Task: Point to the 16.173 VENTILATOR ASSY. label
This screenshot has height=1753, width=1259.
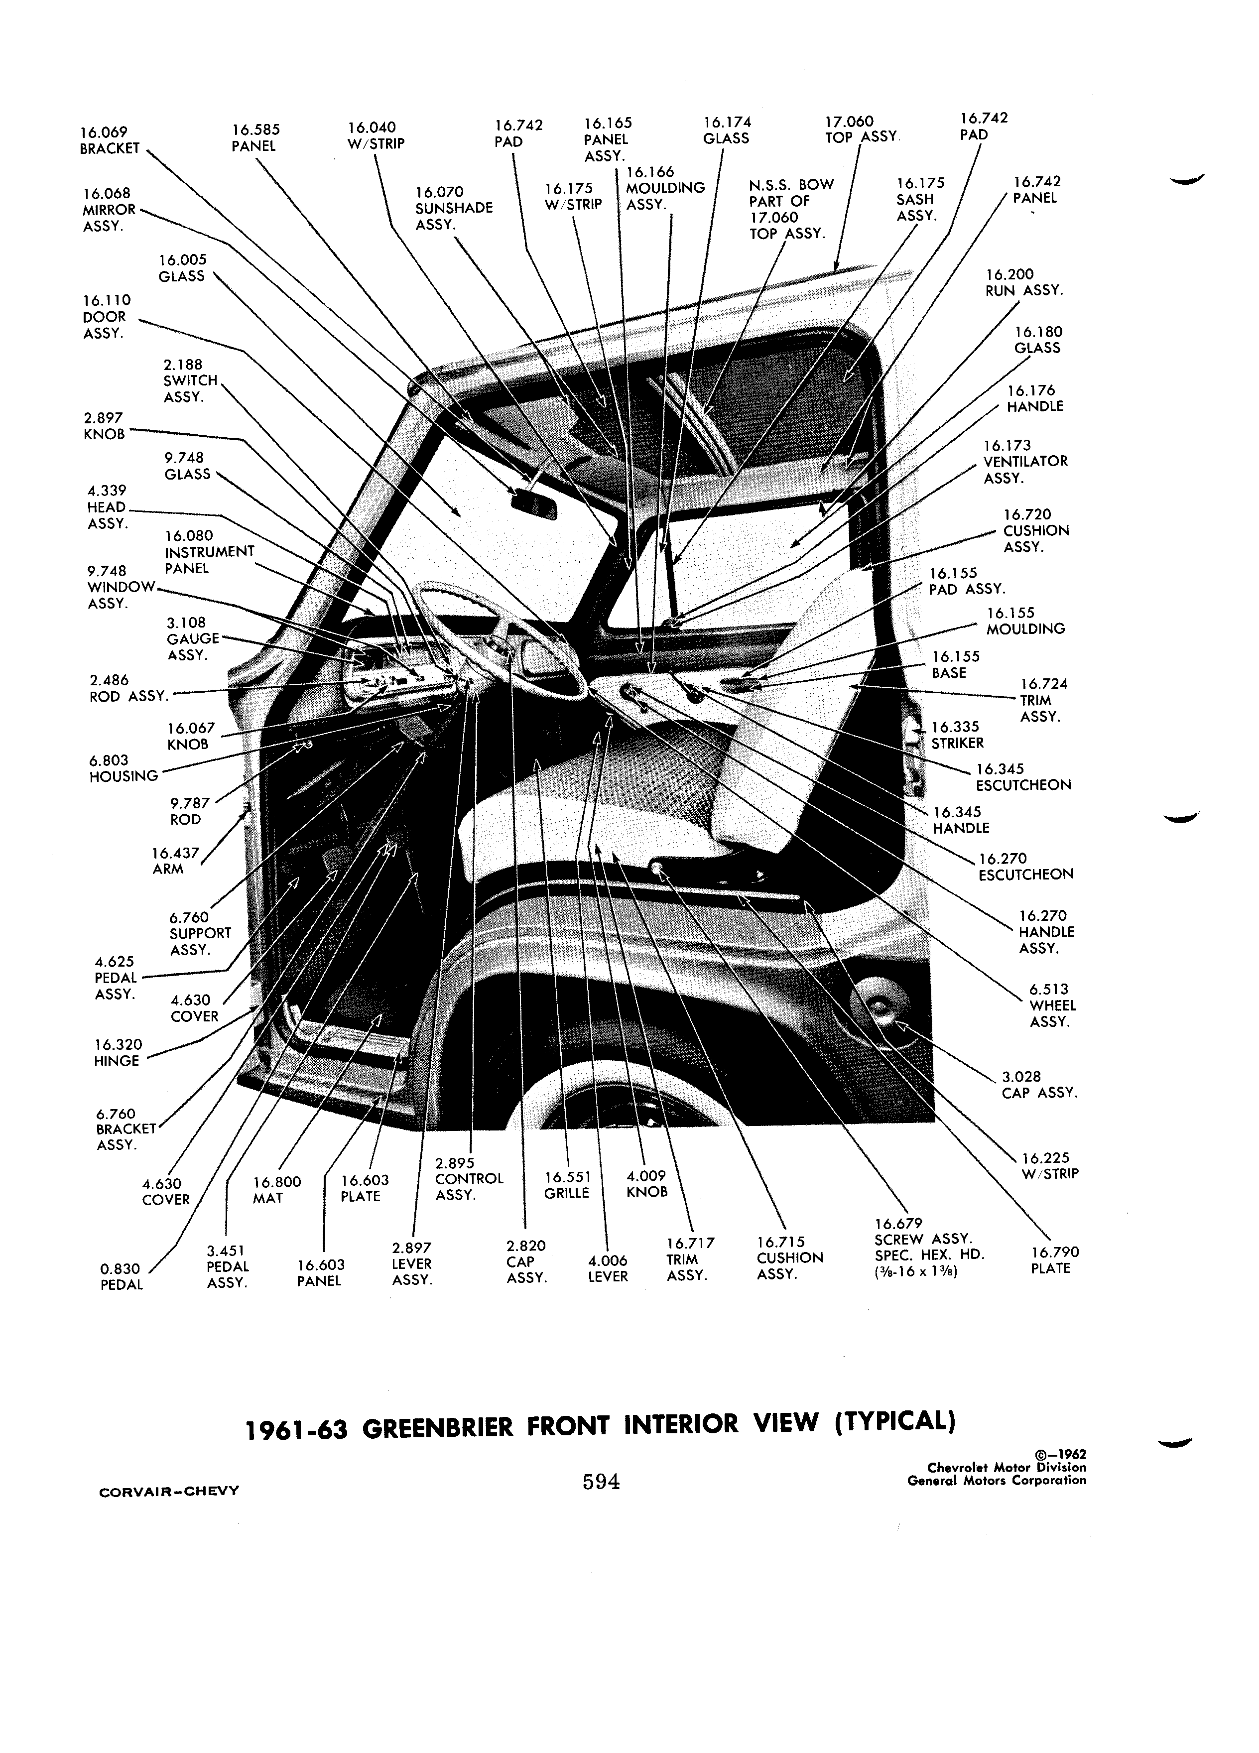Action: tap(1025, 462)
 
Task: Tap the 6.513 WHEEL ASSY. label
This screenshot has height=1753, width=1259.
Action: tap(1052, 1005)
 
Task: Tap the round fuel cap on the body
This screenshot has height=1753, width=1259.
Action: tap(879, 1010)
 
